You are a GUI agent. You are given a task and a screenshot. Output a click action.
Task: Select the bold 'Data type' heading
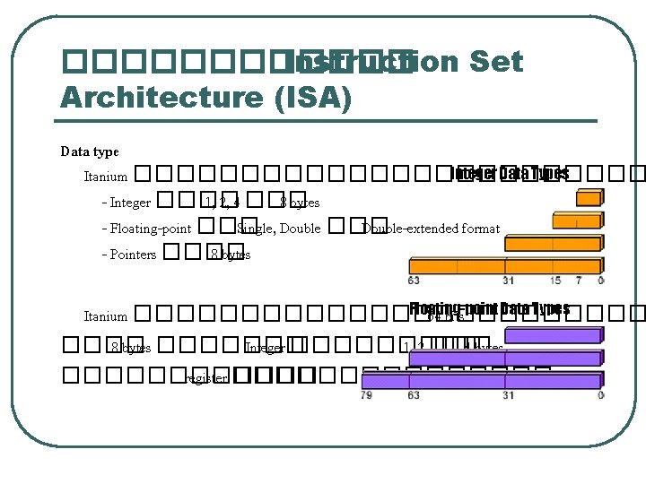90,151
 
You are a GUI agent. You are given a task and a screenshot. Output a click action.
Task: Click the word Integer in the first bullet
130,203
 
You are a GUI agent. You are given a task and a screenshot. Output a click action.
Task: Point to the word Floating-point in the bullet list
151,229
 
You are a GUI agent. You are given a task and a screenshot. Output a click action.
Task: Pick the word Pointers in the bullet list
133,255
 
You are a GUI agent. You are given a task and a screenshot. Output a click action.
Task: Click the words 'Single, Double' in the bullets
278,229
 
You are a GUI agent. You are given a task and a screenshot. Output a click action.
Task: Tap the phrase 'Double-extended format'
431,229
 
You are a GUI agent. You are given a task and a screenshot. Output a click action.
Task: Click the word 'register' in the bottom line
205,378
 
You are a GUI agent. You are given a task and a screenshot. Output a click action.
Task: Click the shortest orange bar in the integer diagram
589,199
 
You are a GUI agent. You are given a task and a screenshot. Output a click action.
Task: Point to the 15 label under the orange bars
556,281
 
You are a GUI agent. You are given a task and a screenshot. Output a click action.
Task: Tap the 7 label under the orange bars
579,281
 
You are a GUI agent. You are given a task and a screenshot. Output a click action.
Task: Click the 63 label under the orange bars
415,281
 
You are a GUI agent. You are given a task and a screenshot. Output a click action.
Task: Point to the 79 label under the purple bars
366,395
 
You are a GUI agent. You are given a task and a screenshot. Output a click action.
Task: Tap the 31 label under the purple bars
508,395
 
